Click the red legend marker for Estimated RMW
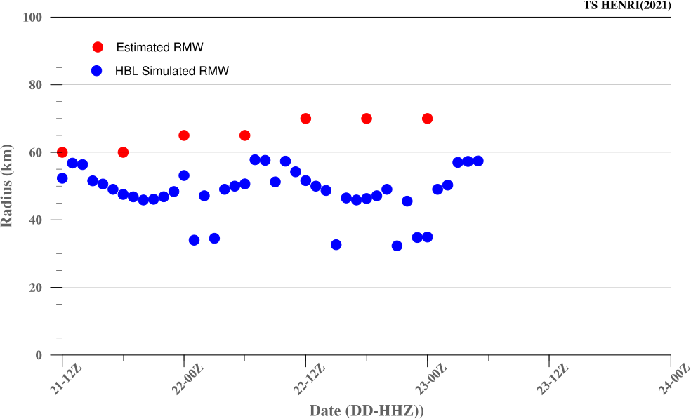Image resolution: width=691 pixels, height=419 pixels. pyautogui.click(x=98, y=47)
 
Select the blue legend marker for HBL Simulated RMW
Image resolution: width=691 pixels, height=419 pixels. pyautogui.click(x=98, y=71)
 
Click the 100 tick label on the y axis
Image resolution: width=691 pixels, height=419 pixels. pyautogui.click(x=32, y=17)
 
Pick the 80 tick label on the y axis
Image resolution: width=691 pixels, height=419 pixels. pyautogui.click(x=35, y=85)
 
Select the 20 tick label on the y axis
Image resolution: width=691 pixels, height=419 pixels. pyautogui.click(x=35, y=288)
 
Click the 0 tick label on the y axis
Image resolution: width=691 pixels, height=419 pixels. pyautogui.click(x=39, y=355)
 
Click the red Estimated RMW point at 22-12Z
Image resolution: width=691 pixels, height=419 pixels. pyautogui.click(x=305, y=119)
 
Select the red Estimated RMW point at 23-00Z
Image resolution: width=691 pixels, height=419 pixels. pyautogui.click(x=427, y=119)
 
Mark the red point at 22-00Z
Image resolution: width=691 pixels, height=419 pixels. pyautogui.click(x=184, y=135)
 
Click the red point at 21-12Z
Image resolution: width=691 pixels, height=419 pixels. pyautogui.click(x=62, y=152)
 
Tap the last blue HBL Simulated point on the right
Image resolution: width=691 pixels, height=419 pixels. pyautogui.click(x=478, y=161)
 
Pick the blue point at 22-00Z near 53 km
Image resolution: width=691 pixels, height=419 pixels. pyautogui.click(x=184, y=175)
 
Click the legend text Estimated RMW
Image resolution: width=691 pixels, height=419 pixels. pyautogui.click(x=165, y=47)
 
